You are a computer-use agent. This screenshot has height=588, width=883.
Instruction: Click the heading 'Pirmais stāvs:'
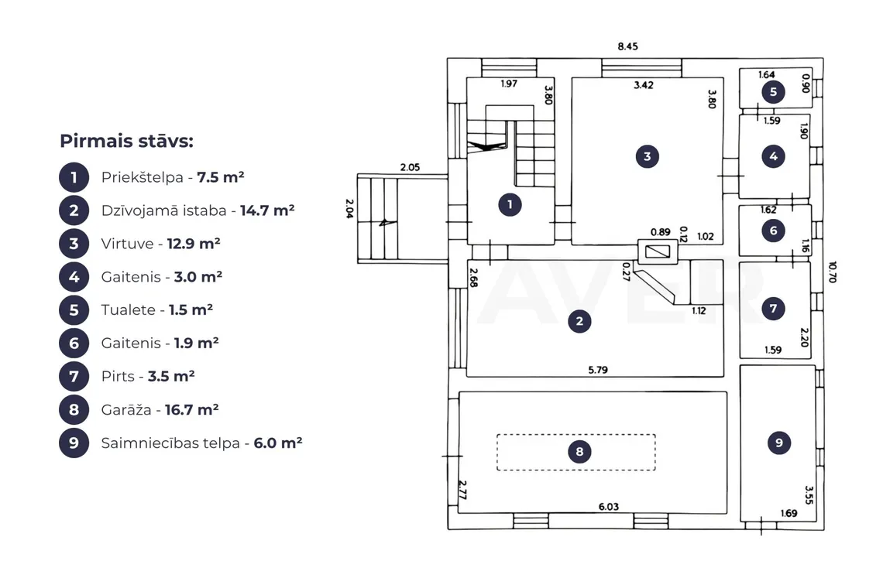127,142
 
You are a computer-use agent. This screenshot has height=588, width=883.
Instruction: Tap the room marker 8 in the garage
579,451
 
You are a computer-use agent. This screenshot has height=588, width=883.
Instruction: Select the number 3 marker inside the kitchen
647,156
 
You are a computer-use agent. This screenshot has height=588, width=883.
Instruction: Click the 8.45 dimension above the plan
628,46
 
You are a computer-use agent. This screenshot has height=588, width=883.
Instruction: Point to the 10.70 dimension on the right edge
833,272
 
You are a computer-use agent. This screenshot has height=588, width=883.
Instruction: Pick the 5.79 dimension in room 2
598,370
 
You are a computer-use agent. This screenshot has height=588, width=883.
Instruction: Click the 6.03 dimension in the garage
609,507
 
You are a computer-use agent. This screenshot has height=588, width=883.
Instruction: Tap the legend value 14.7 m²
267,210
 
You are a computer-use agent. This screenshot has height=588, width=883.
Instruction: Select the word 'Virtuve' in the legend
127,244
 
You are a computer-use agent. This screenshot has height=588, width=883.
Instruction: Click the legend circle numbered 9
74,443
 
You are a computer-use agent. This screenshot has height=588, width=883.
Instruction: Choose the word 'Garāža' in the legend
126,409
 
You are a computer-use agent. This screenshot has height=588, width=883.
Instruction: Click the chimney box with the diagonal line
657,251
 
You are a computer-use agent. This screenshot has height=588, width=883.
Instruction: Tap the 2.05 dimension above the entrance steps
410,167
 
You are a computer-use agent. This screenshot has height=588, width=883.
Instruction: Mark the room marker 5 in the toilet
773,92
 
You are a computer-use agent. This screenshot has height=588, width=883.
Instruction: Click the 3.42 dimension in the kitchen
644,85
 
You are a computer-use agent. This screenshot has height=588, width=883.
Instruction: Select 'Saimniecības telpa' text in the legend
170,443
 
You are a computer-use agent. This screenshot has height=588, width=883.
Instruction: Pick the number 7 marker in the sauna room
773,309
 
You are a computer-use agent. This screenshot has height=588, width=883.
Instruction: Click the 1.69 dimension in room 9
789,513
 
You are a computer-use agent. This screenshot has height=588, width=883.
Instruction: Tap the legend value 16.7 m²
191,409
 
